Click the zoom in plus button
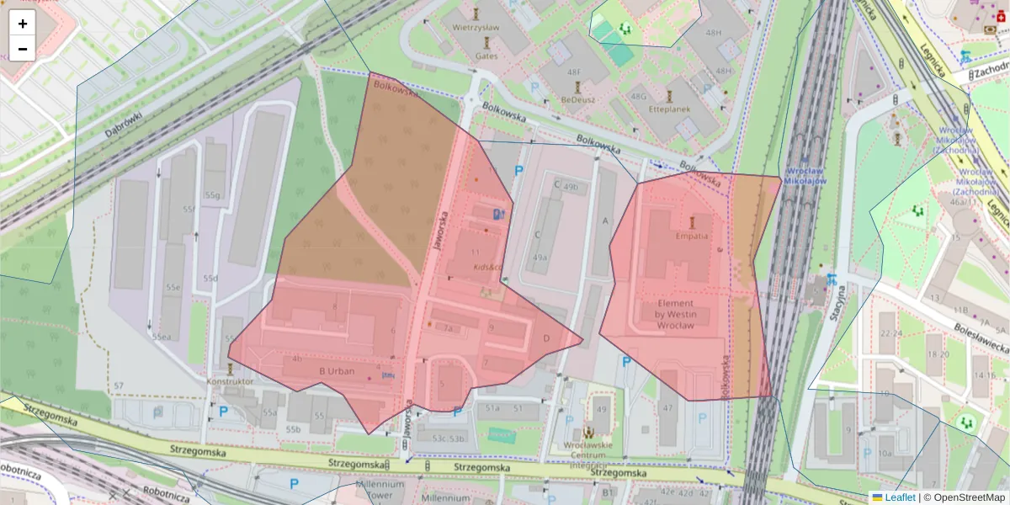(x=23, y=23)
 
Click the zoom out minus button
(x=23, y=49)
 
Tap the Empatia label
(x=692, y=237)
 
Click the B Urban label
(x=337, y=371)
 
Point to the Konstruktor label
(x=230, y=381)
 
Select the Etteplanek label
(x=670, y=109)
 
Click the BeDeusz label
(x=577, y=99)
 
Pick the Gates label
(x=486, y=56)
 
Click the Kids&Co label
(x=487, y=268)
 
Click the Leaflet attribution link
(x=899, y=497)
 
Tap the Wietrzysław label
(x=476, y=27)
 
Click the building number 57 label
(x=119, y=386)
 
